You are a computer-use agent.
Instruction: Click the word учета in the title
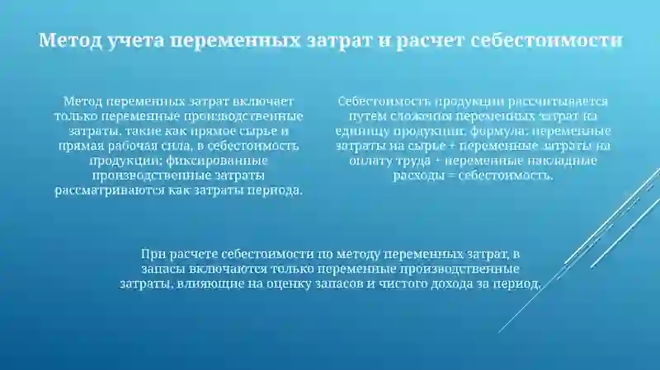coord(130,40)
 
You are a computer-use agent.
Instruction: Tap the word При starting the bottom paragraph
coord(154,254)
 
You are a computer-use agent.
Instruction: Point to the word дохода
coord(436,283)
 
